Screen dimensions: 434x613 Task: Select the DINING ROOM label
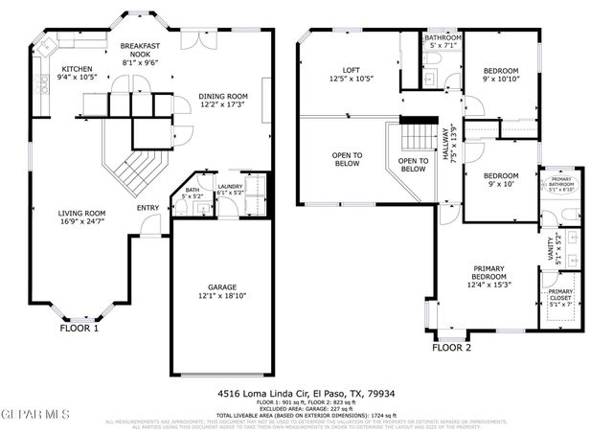click(223, 96)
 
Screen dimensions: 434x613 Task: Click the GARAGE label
click(222, 286)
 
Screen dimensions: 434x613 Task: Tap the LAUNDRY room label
click(230, 187)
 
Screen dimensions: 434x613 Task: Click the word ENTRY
click(148, 208)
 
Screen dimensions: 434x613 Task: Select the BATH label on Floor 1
click(193, 191)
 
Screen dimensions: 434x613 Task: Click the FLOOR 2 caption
click(451, 348)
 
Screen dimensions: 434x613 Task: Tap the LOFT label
click(350, 70)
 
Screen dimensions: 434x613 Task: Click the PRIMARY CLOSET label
click(560, 296)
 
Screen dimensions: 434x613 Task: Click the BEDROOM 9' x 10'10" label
click(500, 71)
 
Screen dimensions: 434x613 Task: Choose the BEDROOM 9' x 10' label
click(500, 175)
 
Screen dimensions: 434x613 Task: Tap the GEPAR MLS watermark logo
click(35, 414)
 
